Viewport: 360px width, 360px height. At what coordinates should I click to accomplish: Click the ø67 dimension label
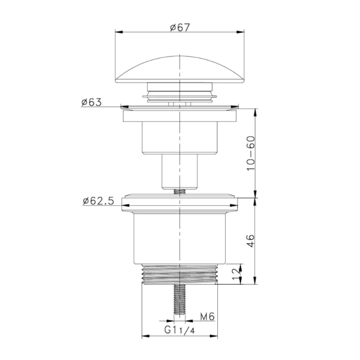click(180, 27)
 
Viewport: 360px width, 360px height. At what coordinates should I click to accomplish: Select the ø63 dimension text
click(91, 102)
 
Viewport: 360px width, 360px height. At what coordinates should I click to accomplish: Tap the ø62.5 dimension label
click(98, 201)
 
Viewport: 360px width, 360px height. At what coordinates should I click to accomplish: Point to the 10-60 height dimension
click(251, 153)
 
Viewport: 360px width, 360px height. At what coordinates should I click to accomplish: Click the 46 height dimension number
click(251, 240)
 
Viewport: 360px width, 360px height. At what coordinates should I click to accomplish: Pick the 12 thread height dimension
click(237, 274)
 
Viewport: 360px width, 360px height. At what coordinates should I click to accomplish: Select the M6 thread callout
click(207, 317)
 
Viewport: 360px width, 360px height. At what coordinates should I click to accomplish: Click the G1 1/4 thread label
click(180, 330)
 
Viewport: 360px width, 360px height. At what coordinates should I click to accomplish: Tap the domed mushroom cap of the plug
click(180, 69)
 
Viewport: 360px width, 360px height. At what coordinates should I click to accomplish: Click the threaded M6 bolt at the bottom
click(180, 299)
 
